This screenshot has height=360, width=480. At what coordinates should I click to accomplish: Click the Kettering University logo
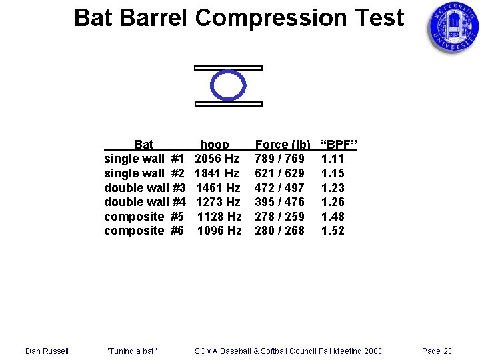[453, 28]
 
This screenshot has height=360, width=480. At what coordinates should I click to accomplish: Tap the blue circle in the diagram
[228, 85]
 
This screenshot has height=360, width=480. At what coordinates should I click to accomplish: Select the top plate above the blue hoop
[228, 68]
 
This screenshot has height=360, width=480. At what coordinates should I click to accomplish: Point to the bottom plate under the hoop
[228, 103]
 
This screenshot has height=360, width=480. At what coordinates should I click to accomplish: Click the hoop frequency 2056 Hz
[217, 159]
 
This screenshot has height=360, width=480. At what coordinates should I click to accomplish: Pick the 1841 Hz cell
[217, 173]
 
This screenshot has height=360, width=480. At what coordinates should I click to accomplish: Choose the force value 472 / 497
[279, 188]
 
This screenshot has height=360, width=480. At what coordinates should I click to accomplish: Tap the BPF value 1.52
[333, 231]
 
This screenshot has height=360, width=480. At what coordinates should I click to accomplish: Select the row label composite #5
[144, 217]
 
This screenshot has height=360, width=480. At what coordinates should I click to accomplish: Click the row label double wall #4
[145, 202]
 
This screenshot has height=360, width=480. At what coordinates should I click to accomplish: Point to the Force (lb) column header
[283, 145]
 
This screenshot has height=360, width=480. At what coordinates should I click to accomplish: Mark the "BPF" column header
[339, 145]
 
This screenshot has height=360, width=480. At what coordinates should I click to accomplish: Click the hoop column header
[215, 145]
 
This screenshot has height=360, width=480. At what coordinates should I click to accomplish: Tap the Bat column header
[144, 145]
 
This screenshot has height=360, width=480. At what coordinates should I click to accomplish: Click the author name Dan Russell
[47, 351]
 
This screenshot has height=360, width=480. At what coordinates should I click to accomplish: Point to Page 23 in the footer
[437, 351]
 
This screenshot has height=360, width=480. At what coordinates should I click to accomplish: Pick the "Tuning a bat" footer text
[131, 351]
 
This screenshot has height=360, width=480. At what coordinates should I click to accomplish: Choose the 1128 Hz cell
[219, 217]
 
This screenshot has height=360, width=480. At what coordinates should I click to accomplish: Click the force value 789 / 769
[279, 159]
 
